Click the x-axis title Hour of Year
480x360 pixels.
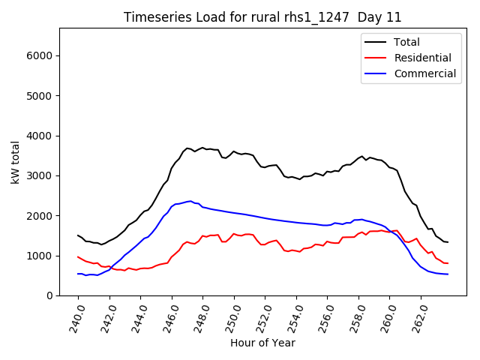[x=262, y=343]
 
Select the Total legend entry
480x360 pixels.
[x=406, y=42]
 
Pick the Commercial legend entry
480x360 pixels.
[x=424, y=73]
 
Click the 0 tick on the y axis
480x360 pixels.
[x=49, y=295]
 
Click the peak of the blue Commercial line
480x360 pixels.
[x=190, y=201]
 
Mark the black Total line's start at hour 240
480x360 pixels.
[x=78, y=235]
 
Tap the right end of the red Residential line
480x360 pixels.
[x=448, y=263]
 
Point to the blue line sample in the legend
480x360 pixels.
[x=374, y=73]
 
